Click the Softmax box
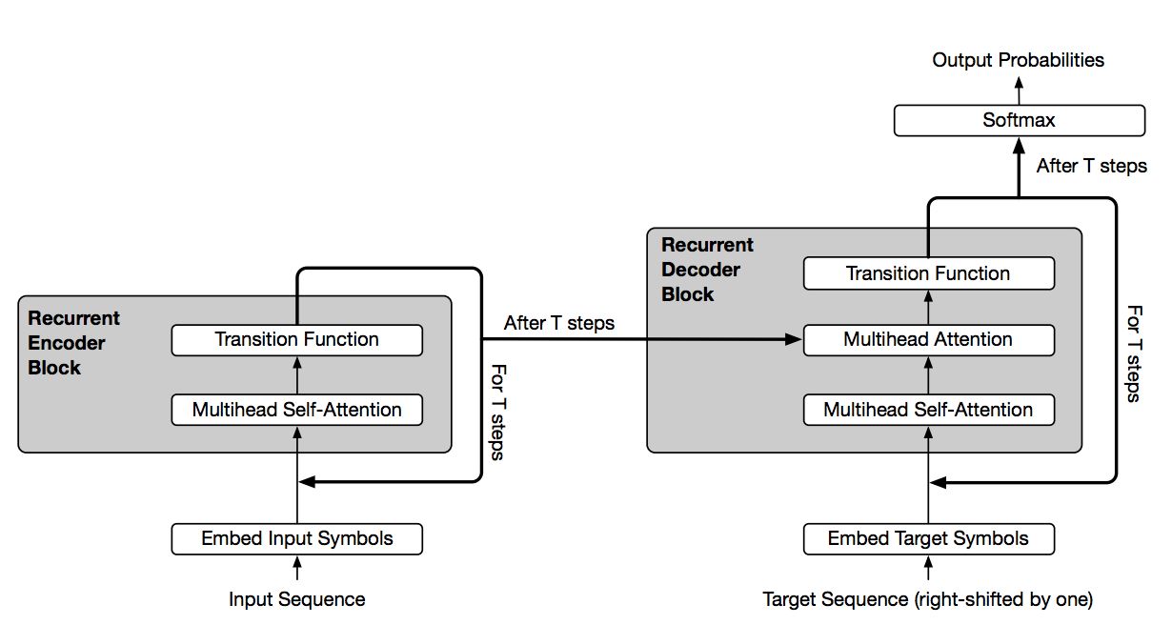tap(1020, 120)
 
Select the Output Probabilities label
tap(1019, 60)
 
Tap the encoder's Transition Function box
tap(296, 340)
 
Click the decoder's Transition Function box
tap(929, 273)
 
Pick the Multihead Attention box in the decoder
tap(929, 340)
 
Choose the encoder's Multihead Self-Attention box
tap(296, 410)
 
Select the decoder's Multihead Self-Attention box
tap(929, 410)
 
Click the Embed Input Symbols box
tap(296, 538)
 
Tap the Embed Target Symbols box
tap(929, 538)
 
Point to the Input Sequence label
tap(296, 599)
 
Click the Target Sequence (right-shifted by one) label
tap(928, 599)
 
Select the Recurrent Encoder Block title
tap(73, 343)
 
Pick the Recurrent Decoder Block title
tap(707, 270)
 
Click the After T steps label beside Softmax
tap(1091, 166)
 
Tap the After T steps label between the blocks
tap(558, 323)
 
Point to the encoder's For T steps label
tap(498, 413)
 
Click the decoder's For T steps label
tap(1134, 353)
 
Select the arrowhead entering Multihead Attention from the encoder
tap(793, 340)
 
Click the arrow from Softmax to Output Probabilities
tap(1019, 91)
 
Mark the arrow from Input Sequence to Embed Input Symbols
tap(297, 568)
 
